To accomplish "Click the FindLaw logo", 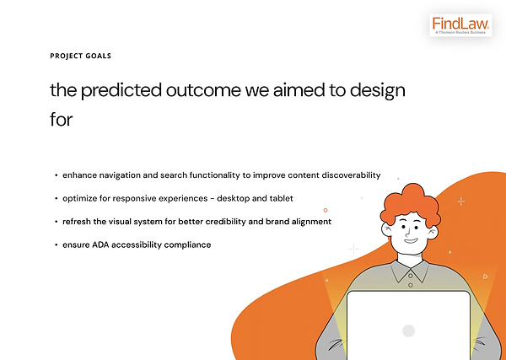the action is click(x=460, y=25).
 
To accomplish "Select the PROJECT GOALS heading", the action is click(x=81, y=56).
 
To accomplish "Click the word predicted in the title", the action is click(x=121, y=91).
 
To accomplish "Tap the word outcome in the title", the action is click(x=203, y=91).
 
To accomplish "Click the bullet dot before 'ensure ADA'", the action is click(x=57, y=245).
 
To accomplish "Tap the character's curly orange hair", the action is click(x=411, y=204).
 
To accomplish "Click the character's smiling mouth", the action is click(x=411, y=240).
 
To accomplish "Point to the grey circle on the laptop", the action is click(x=408, y=330).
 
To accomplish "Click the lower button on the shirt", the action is click(x=411, y=285).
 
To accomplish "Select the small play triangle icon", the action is click(x=486, y=277).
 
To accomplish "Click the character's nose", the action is click(x=408, y=232).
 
